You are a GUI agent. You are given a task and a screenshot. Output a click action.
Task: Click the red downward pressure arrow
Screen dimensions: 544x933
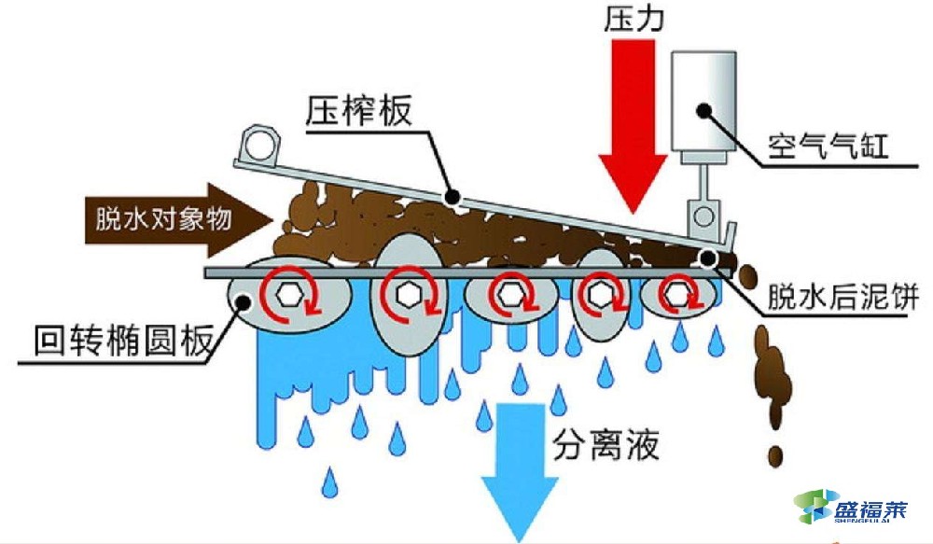pyautogui.click(x=633, y=140)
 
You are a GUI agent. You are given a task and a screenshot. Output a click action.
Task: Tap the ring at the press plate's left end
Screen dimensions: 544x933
pyautogui.click(x=258, y=146)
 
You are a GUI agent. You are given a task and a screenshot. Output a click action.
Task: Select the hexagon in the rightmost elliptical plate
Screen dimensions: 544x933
pyautogui.click(x=675, y=295)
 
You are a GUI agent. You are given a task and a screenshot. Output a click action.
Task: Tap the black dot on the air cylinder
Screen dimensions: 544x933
pyautogui.click(x=706, y=110)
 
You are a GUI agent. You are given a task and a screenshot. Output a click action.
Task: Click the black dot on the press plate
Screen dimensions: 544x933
pyautogui.click(x=453, y=197)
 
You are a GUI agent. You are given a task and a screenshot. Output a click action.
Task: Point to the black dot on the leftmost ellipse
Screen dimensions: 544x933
pyautogui.click(x=245, y=300)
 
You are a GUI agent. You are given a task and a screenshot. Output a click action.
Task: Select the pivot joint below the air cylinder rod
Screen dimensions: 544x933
pyautogui.click(x=701, y=220)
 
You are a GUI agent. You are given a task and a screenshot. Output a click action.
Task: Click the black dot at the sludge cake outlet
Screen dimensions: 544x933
pyautogui.click(x=709, y=257)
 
